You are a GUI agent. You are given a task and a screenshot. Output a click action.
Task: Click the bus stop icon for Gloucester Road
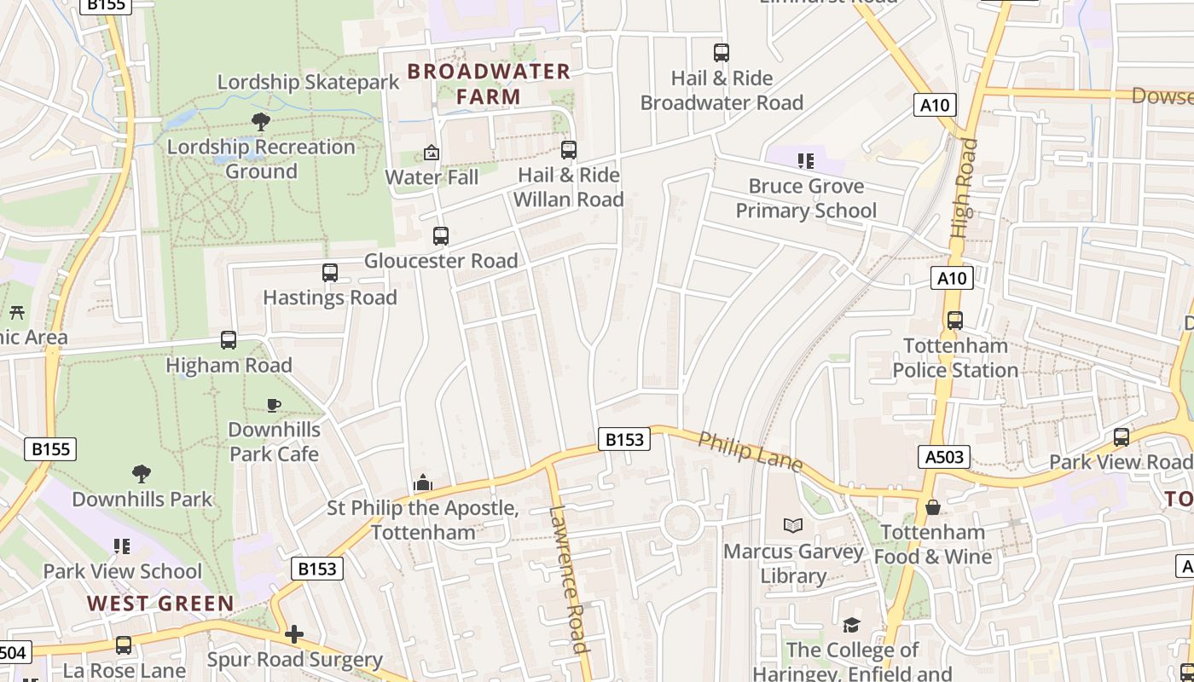pyautogui.click(x=441, y=236)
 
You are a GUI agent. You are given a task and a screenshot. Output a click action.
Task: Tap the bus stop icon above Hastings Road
pyautogui.click(x=330, y=273)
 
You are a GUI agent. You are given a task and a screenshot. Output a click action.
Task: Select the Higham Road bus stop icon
pyautogui.click(x=229, y=340)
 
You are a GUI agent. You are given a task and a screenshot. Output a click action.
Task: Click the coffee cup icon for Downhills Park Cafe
pyautogui.click(x=274, y=405)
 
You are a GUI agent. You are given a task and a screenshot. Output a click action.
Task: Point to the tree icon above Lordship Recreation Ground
pyautogui.click(x=261, y=122)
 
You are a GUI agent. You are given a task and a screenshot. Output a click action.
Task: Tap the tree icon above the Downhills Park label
pyautogui.click(x=142, y=473)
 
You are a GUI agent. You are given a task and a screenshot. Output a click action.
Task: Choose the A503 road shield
pyautogui.click(x=945, y=457)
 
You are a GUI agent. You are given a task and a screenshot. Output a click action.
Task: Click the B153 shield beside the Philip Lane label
pyautogui.click(x=623, y=439)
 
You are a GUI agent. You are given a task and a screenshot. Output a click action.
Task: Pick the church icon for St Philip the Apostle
pyautogui.click(x=423, y=483)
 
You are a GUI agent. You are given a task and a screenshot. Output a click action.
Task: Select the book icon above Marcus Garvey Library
pyautogui.click(x=793, y=525)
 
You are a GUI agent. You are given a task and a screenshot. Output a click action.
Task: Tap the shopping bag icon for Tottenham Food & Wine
pyautogui.click(x=933, y=507)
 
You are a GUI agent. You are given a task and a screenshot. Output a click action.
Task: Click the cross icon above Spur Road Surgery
pyautogui.click(x=294, y=634)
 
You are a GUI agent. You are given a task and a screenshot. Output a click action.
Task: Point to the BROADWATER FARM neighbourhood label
pyautogui.click(x=489, y=84)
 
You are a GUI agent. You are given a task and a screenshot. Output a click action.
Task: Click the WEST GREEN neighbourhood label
pyautogui.click(x=160, y=604)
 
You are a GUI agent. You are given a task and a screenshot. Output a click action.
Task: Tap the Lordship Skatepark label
pyautogui.click(x=308, y=83)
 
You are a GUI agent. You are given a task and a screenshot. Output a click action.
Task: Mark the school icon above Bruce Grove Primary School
pyautogui.click(x=806, y=160)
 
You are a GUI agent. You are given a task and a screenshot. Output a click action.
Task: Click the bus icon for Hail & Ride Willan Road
pyautogui.click(x=569, y=150)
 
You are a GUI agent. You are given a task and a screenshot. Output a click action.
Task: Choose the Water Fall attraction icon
pyautogui.click(x=432, y=153)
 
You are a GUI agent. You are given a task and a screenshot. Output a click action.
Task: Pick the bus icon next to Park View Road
pyautogui.click(x=1122, y=437)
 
